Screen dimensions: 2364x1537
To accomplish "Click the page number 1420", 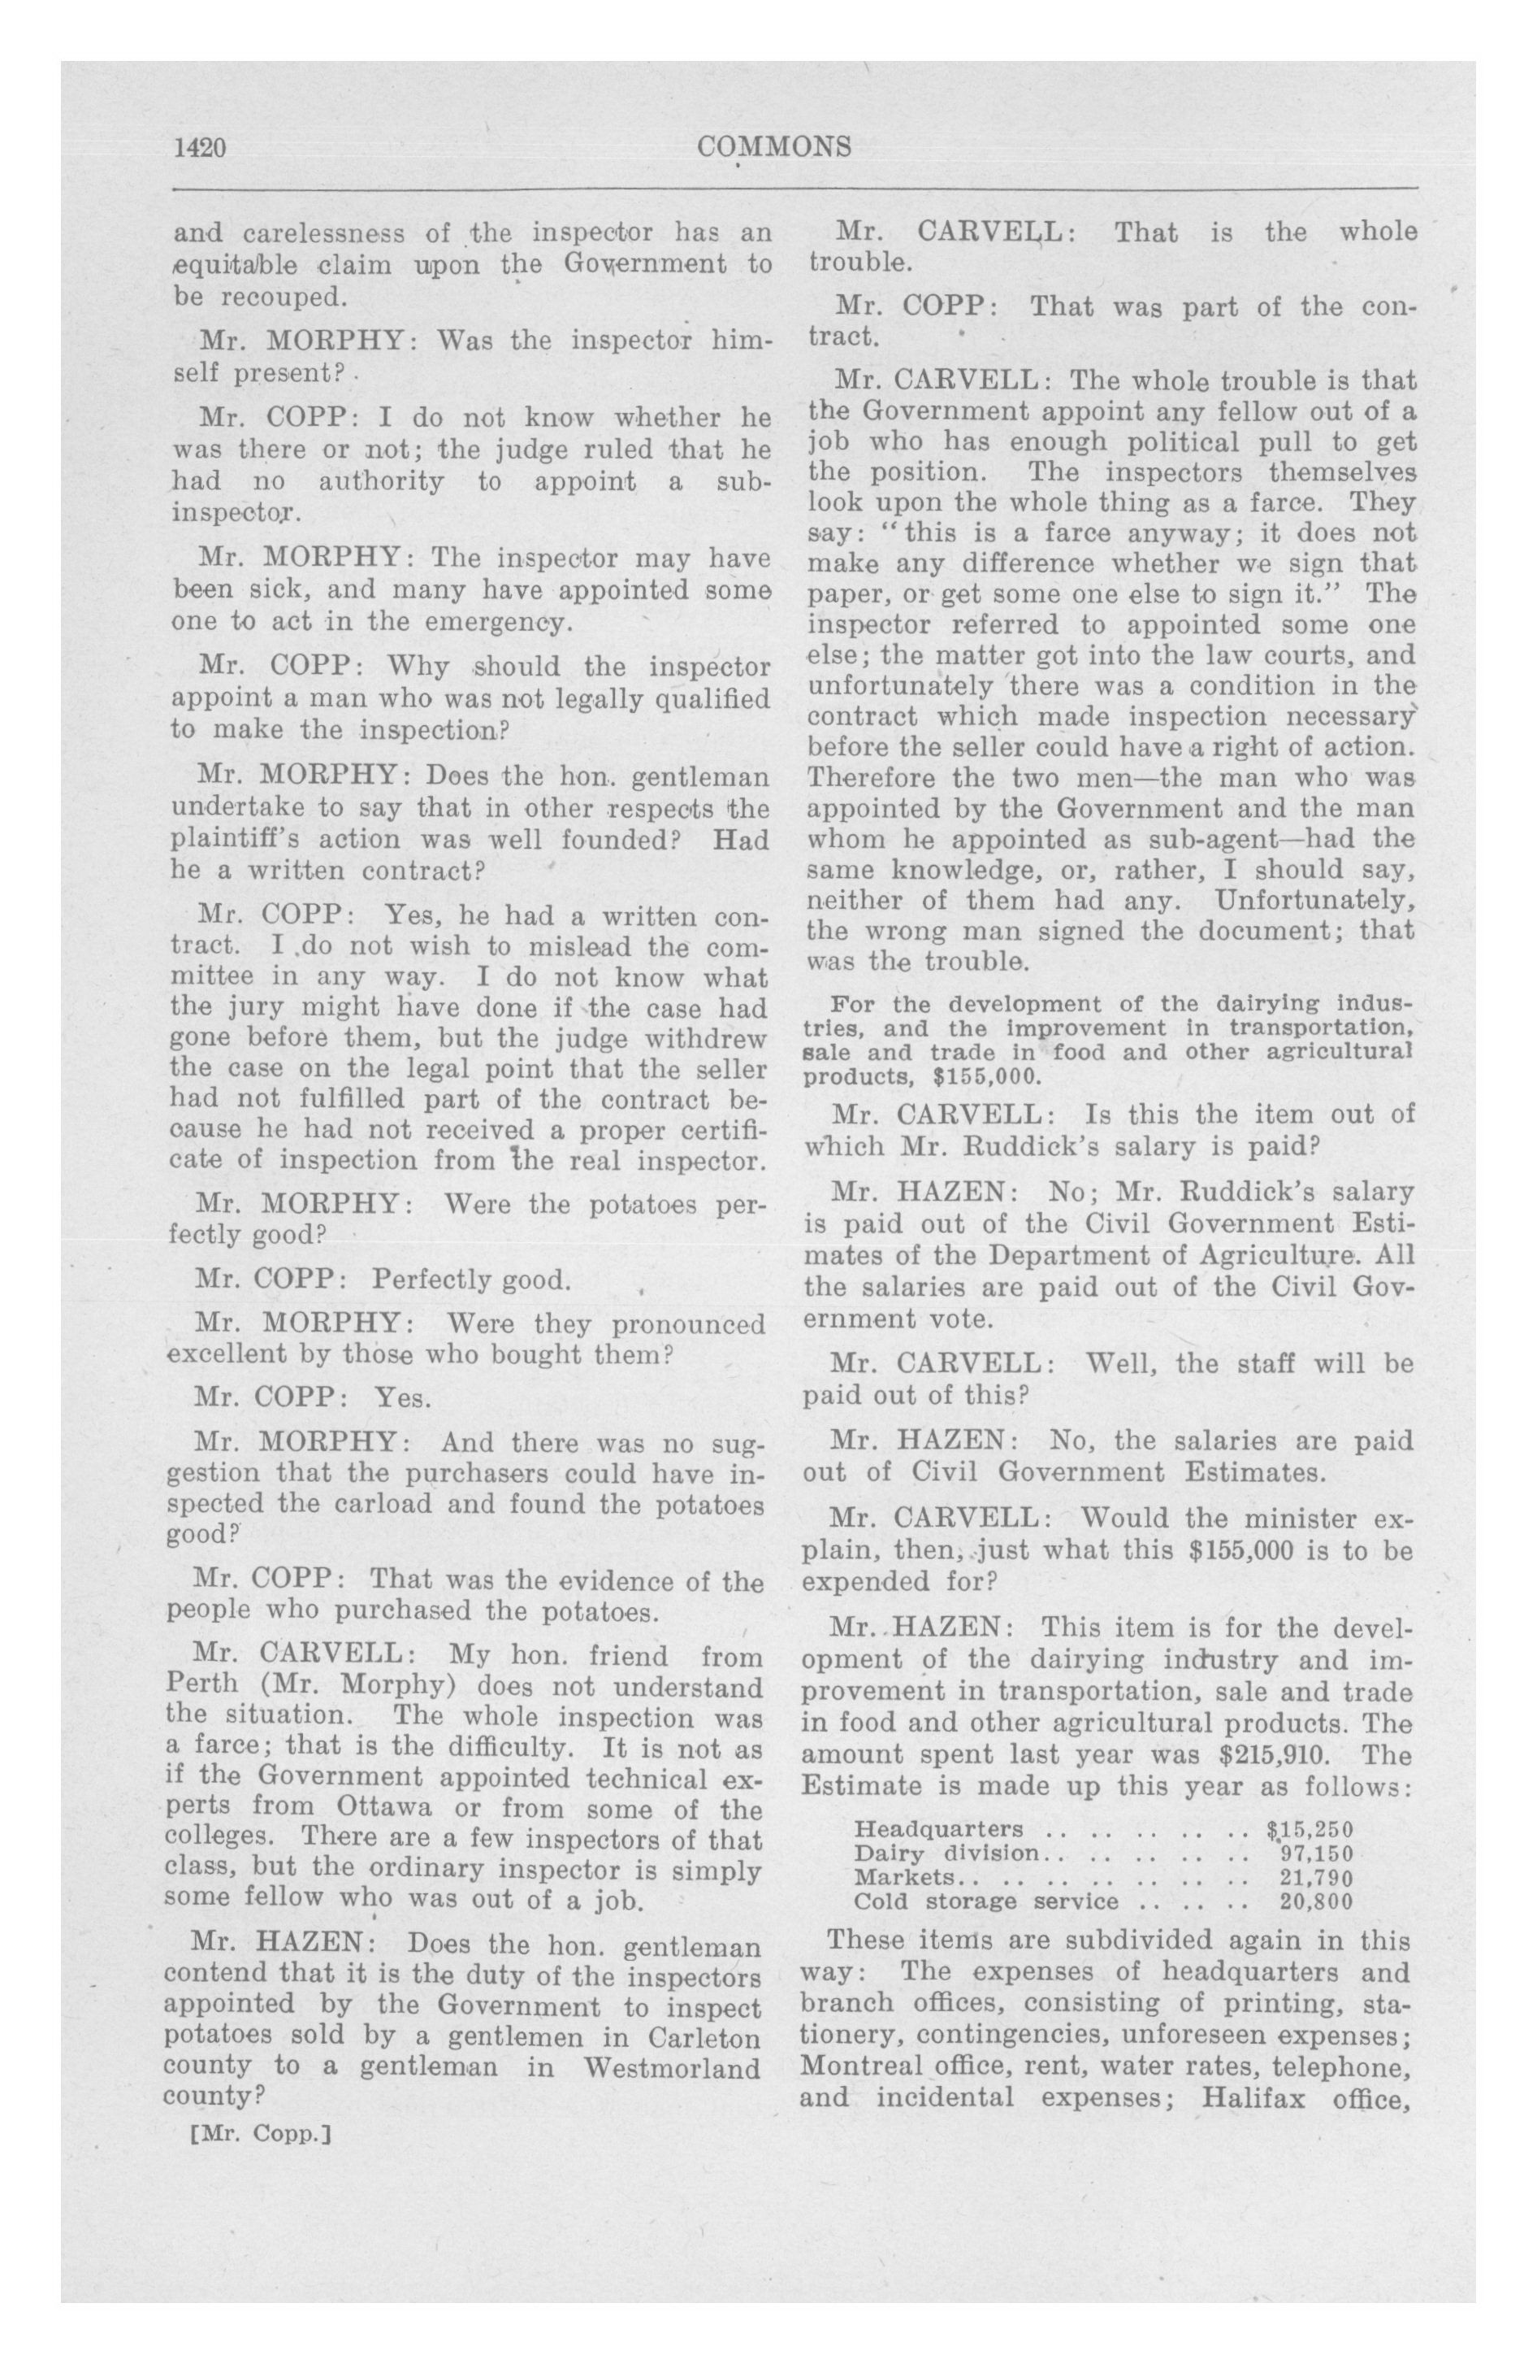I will pos(201,148).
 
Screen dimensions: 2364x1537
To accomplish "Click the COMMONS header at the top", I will pos(774,147).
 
